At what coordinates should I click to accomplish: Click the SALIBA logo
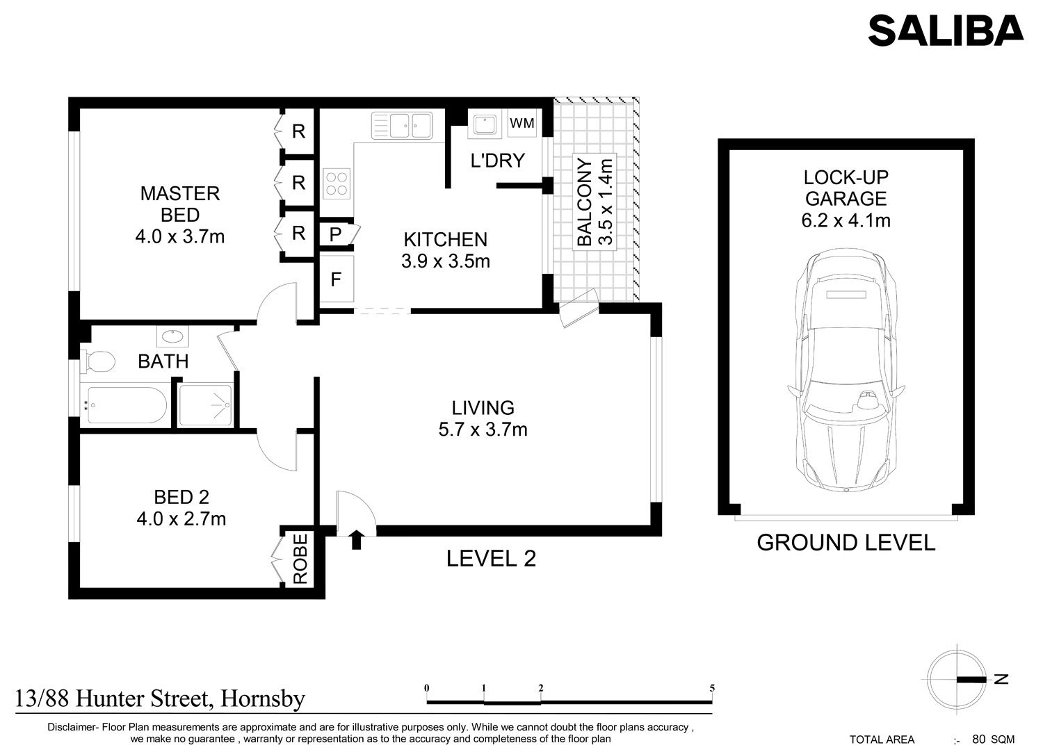pyautogui.click(x=946, y=31)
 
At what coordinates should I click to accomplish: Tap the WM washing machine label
pyautogui.click(x=522, y=123)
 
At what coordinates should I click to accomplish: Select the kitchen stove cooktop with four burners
pyautogui.click(x=337, y=183)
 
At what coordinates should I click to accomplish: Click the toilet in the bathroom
pyautogui.click(x=97, y=361)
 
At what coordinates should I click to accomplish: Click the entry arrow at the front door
pyautogui.click(x=356, y=540)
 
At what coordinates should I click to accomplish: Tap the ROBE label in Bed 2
pyautogui.click(x=300, y=558)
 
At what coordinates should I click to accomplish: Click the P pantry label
pyautogui.click(x=335, y=235)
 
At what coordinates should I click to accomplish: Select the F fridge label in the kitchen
pyautogui.click(x=336, y=279)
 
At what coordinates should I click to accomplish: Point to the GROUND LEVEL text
pyautogui.click(x=846, y=543)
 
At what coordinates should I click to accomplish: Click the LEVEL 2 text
pyautogui.click(x=491, y=559)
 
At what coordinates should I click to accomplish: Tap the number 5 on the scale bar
pyautogui.click(x=712, y=688)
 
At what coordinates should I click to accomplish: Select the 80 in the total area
pyautogui.click(x=979, y=739)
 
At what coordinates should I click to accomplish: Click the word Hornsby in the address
pyautogui.click(x=263, y=699)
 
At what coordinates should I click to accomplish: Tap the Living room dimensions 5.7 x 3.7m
pyautogui.click(x=483, y=430)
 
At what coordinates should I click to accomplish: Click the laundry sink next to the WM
pyautogui.click(x=484, y=124)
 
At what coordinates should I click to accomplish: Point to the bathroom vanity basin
pyautogui.click(x=172, y=336)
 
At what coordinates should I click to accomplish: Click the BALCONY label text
pyautogui.click(x=584, y=202)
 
